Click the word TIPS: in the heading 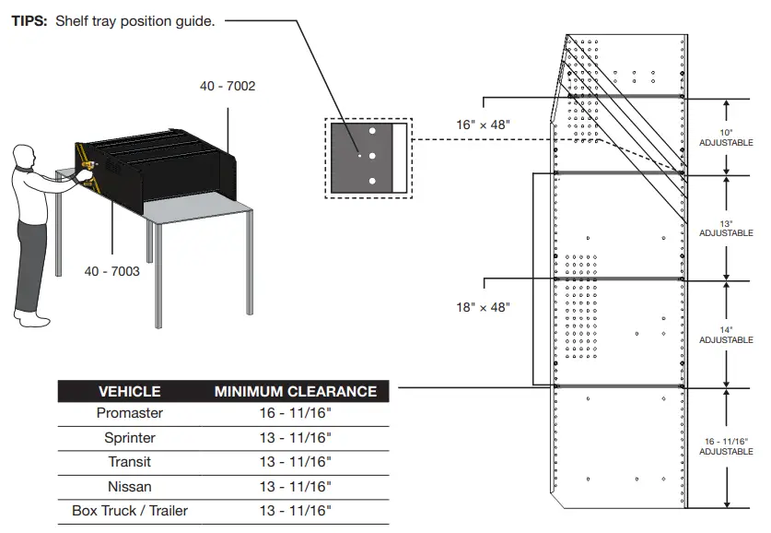[29, 21]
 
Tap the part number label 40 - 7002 [228, 87]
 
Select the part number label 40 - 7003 [112, 271]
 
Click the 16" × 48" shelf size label [483, 124]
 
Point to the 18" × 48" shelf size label [483, 307]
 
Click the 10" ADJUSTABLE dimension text [726, 137]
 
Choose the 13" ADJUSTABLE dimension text [726, 228]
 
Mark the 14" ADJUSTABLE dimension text [726, 335]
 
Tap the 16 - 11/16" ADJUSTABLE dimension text [726, 445]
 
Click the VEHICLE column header [129, 391]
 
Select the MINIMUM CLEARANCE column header [296, 391]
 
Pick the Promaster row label [129, 414]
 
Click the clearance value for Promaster [296, 414]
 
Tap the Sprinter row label [129, 438]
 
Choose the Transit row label [129, 462]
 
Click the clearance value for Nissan [296, 486]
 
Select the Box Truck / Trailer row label [129, 510]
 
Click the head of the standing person [24, 158]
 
